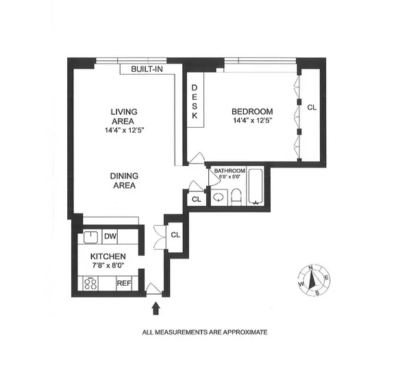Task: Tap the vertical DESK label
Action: tap(195, 103)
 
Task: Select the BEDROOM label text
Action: tap(252, 111)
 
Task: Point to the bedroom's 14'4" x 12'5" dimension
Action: tap(252, 122)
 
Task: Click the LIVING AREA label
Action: tap(125, 116)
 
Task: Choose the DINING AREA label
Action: tap(125, 180)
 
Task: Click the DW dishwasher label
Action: tap(110, 237)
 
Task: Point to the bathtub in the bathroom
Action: tap(256, 187)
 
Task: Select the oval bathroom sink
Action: tap(217, 197)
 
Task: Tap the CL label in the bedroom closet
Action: tap(312, 107)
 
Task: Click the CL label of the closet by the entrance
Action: tap(175, 235)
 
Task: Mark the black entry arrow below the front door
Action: tap(156, 308)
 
